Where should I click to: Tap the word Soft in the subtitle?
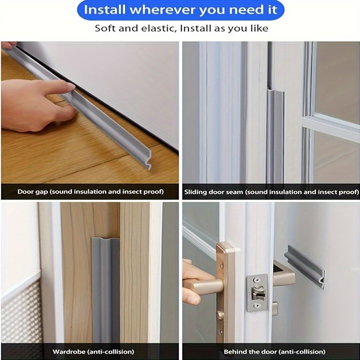[105, 28]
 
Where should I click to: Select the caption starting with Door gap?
[90, 192]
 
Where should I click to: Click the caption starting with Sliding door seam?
[271, 192]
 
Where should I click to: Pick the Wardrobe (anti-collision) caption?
[93, 352]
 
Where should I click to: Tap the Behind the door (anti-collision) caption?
[274, 352]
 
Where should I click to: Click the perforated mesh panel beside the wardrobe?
[21, 315]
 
